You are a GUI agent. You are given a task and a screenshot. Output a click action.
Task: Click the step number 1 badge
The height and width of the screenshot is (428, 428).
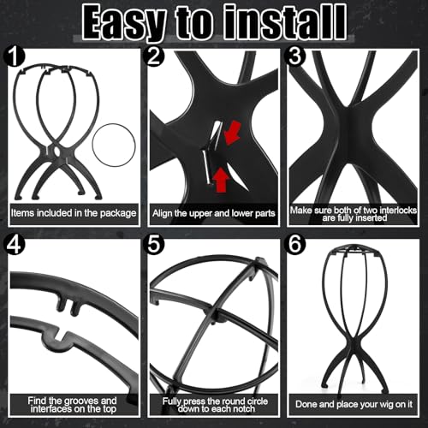click(15, 56)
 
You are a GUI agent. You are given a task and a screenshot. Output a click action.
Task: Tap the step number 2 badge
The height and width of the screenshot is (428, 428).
click(154, 56)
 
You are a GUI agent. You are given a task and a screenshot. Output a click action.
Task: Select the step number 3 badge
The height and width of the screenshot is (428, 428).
click(295, 56)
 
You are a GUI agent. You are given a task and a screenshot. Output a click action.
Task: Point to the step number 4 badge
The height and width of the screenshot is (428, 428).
click(15, 245)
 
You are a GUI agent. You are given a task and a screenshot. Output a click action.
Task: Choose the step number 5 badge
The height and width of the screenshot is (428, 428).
click(154, 245)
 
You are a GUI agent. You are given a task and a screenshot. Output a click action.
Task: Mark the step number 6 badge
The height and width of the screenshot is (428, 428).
click(295, 245)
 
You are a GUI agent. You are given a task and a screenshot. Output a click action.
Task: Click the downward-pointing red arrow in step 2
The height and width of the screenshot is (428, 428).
click(232, 133)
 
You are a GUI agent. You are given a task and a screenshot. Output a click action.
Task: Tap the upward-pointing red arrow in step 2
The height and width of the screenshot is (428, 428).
click(221, 180)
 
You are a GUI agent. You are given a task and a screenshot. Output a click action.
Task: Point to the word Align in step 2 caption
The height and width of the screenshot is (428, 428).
click(162, 213)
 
